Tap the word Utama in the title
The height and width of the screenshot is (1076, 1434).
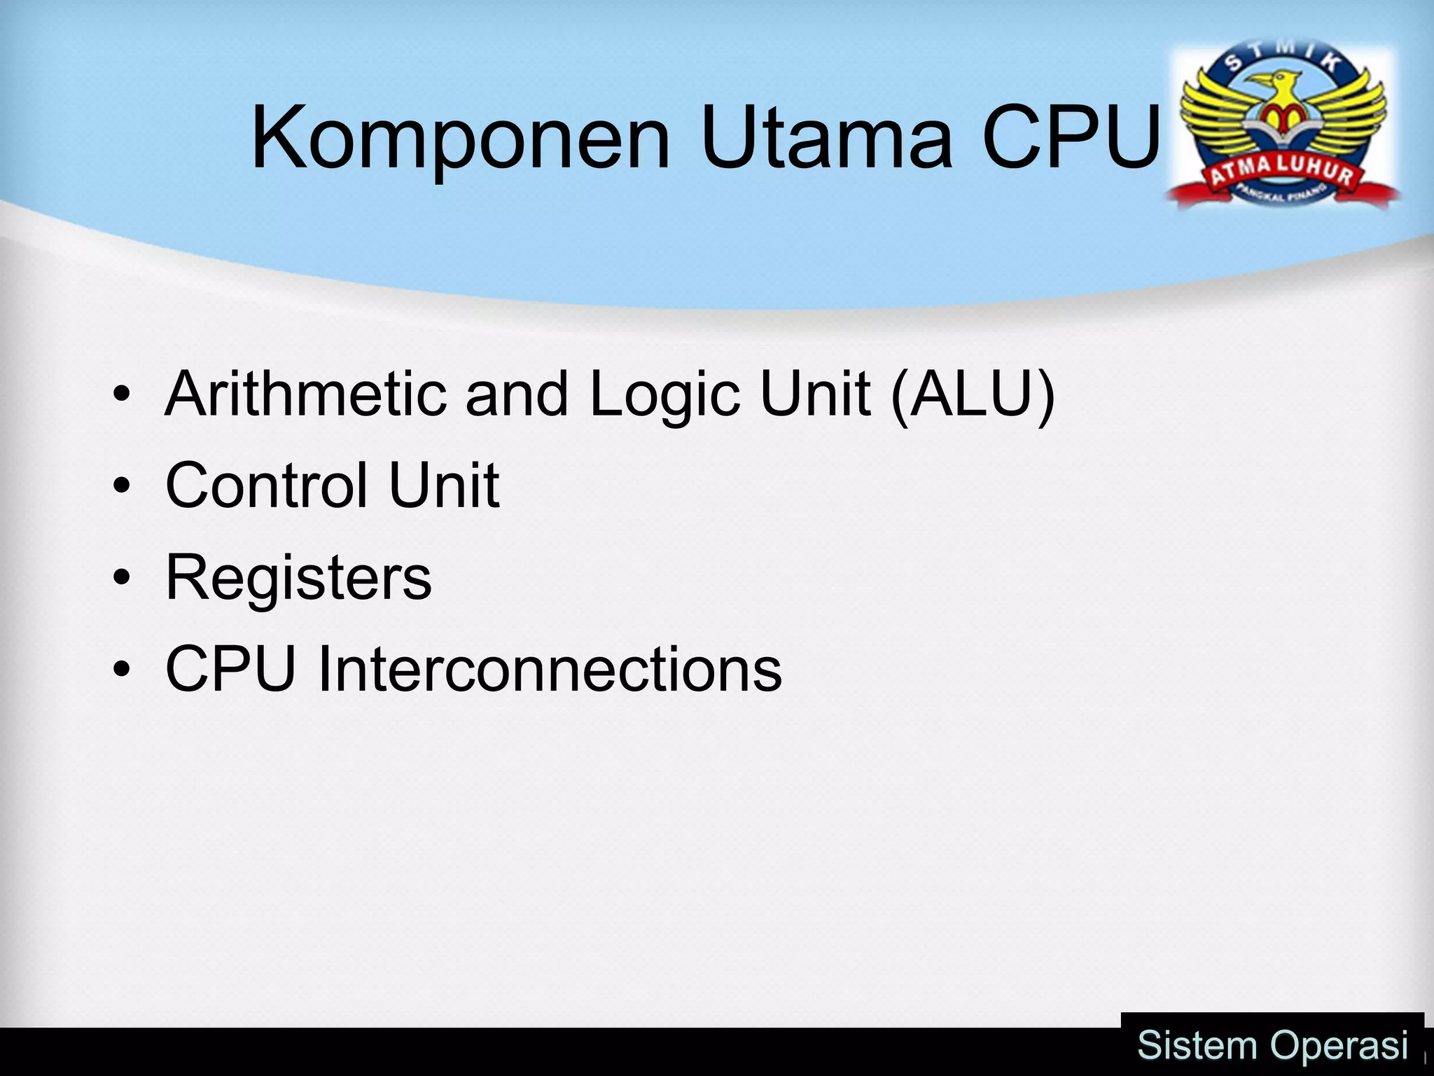point(826,137)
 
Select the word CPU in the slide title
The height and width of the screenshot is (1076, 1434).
point(1071,137)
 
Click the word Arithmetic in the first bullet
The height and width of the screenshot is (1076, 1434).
point(305,394)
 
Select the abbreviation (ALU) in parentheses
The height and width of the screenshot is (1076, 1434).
point(973,394)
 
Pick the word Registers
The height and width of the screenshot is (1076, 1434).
point(298,579)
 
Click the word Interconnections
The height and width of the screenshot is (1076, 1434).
point(550,669)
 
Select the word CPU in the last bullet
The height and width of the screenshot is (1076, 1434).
point(230,669)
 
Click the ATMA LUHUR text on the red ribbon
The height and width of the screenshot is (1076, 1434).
point(1281,172)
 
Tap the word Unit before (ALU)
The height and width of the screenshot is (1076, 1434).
point(816,394)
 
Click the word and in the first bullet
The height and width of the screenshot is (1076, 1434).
point(516,394)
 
